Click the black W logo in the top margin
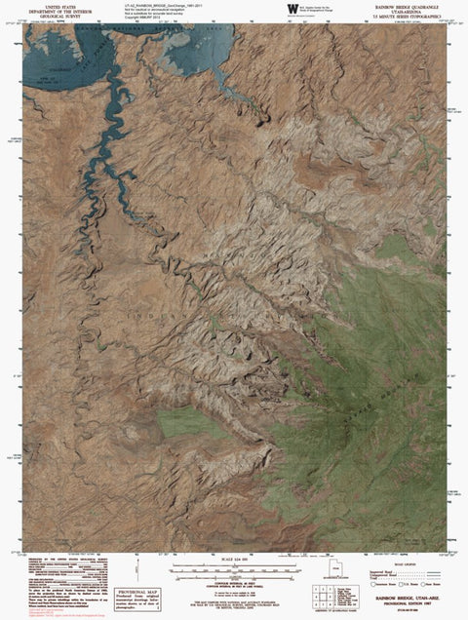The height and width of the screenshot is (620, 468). coord(283,9)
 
